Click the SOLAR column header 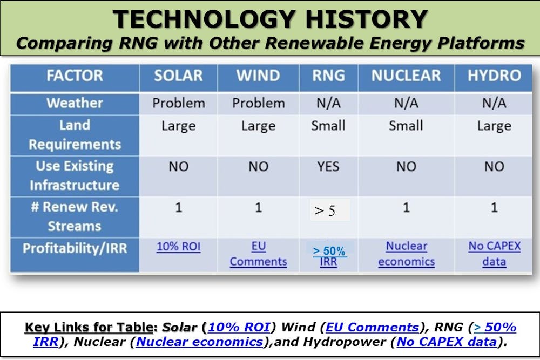click(178, 76)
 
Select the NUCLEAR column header click(406, 76)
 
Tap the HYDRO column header click(494, 76)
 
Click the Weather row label click(75, 103)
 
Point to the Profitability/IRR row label click(75, 248)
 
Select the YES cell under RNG click(328, 167)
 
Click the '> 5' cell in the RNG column click(325, 210)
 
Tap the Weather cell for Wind click(258, 103)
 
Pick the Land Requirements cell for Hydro click(494, 126)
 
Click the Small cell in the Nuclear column click(406, 125)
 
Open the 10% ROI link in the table click(178, 247)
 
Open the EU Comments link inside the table click(258, 254)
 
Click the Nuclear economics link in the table click(407, 254)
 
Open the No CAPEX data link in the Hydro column click(495, 254)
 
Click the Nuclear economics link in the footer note click(199, 342)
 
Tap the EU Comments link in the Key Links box click(372, 327)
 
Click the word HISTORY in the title click(367, 19)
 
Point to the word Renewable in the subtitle click(315, 43)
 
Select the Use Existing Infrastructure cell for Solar click(178, 167)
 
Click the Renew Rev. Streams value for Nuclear click(407, 208)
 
